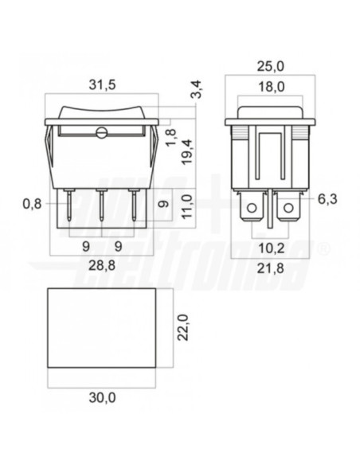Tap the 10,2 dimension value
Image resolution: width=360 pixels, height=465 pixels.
[271, 246]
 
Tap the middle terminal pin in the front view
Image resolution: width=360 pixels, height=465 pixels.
[101, 207]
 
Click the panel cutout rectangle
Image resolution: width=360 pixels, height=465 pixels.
[101, 327]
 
